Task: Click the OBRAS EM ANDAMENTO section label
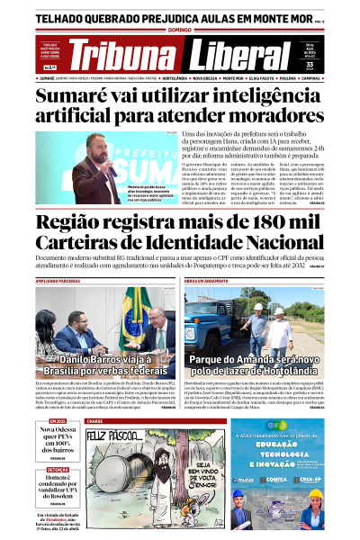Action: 208,281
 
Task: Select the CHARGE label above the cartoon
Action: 94,420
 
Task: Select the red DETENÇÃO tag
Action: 58,469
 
